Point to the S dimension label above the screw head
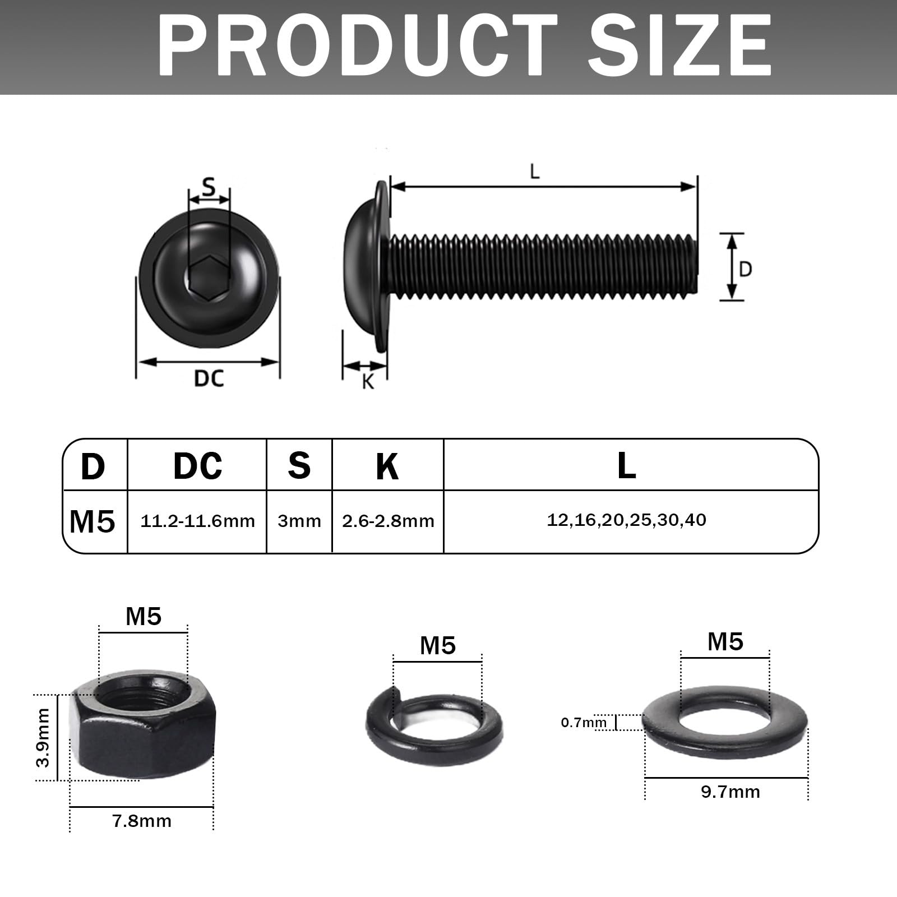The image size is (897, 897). pyautogui.click(x=209, y=186)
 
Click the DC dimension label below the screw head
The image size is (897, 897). pyautogui.click(x=209, y=378)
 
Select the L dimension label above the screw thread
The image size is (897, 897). pyautogui.click(x=535, y=172)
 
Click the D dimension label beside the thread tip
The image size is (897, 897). pyautogui.click(x=745, y=270)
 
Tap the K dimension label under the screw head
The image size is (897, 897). pyautogui.click(x=368, y=381)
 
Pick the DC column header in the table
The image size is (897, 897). pyautogui.click(x=197, y=465)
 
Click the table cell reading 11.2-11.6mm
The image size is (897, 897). pyautogui.click(x=198, y=521)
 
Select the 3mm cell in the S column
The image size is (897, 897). pyautogui.click(x=299, y=521)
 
